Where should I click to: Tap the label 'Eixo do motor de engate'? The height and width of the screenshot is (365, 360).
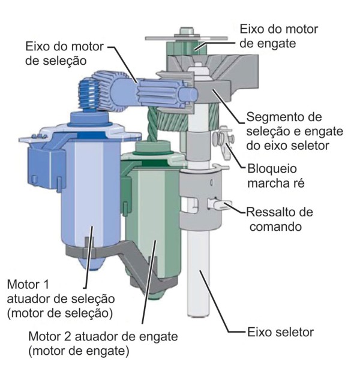(x=279, y=35)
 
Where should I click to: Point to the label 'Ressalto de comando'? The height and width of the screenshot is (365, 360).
(x=281, y=219)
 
